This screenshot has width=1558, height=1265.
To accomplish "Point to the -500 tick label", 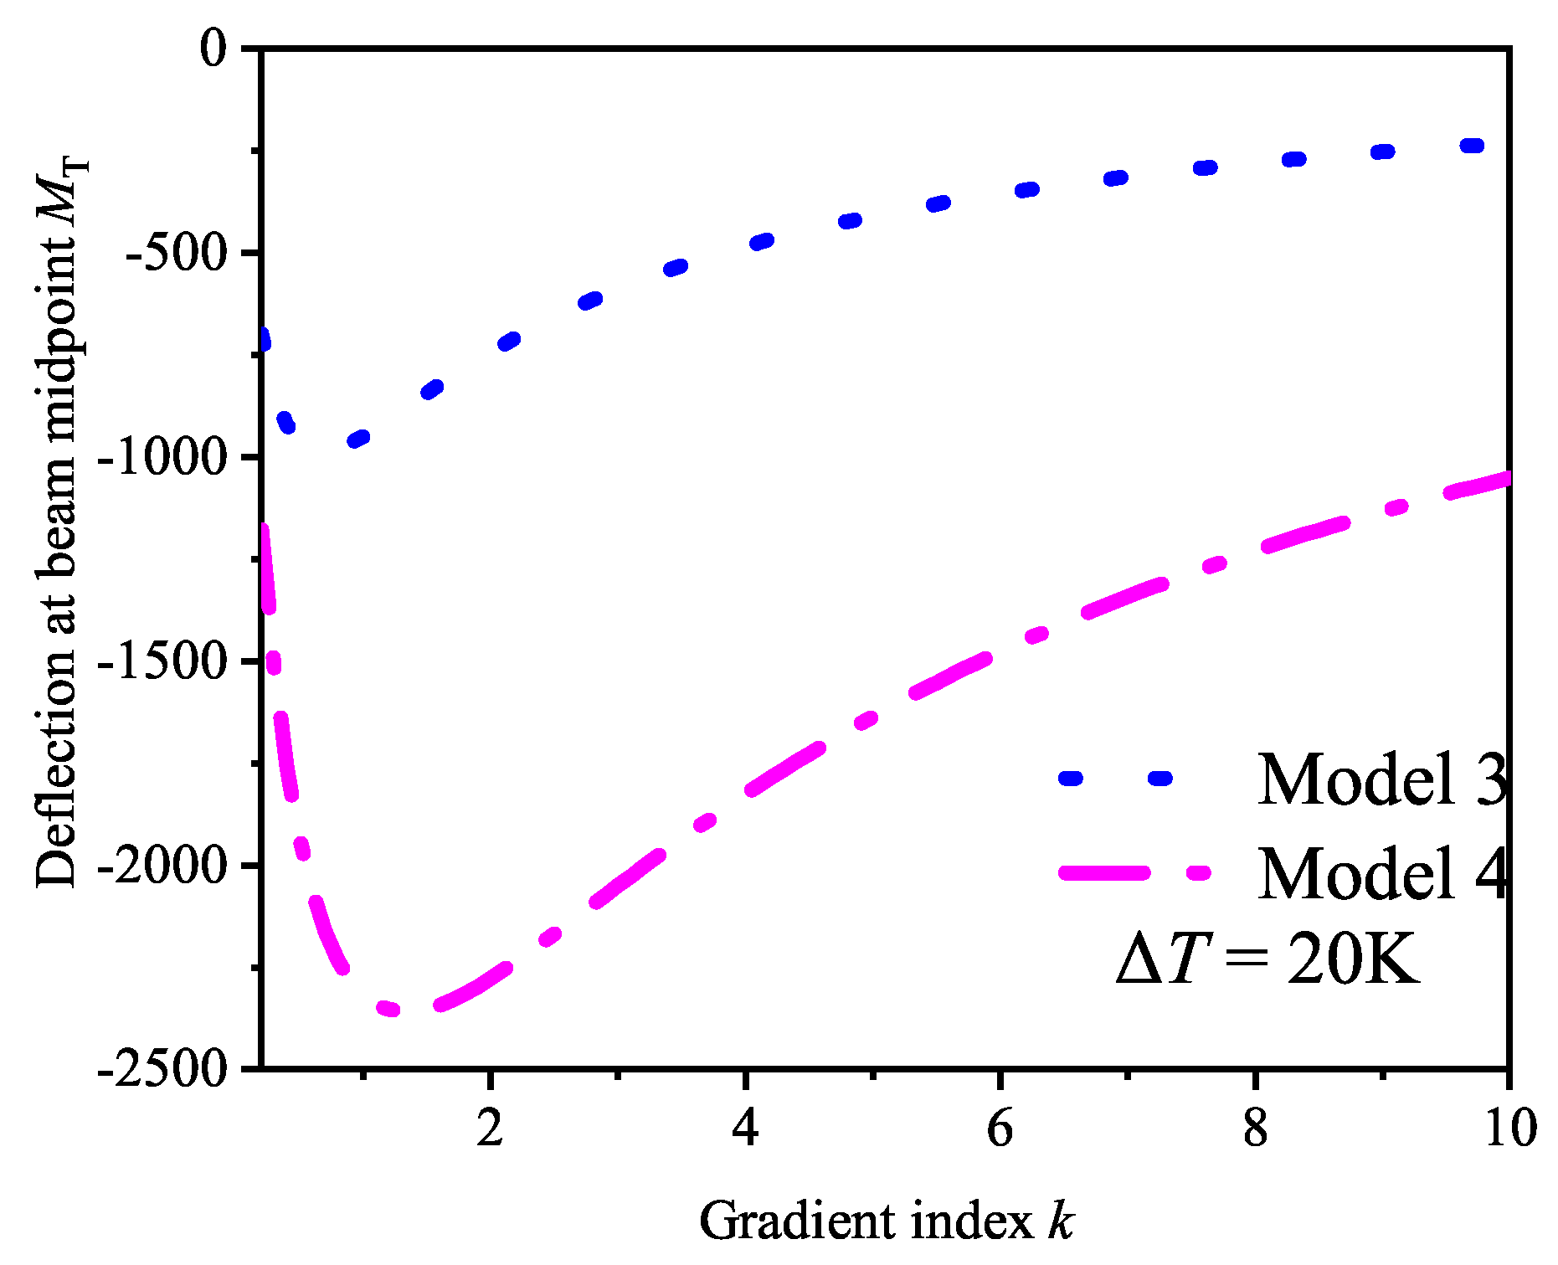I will point(176,252).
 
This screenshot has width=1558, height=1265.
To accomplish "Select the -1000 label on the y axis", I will point(162,457).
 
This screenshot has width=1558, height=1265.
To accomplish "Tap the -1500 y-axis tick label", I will point(162,661).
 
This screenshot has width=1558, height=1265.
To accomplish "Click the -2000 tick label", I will point(162,866).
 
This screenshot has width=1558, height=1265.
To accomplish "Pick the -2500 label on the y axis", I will point(162,1069).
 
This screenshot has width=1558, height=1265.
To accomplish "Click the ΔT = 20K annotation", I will point(1268,959).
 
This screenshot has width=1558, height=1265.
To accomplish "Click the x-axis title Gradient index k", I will point(886,1221).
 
